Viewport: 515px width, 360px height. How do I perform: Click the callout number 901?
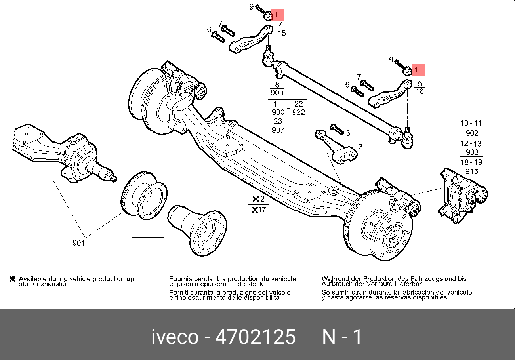tap(78, 243)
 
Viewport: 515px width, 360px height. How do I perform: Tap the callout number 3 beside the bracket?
tap(360, 147)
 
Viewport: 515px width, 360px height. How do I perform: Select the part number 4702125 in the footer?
tap(255, 337)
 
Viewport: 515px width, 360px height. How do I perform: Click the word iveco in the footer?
tap(175, 337)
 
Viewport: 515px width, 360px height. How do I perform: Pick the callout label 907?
tap(278, 130)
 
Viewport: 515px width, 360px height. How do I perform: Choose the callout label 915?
tap(472, 171)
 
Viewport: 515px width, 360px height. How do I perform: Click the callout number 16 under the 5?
tap(420, 91)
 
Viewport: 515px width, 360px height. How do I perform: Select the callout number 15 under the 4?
tap(281, 33)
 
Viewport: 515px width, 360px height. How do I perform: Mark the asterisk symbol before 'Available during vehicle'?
tap(13, 279)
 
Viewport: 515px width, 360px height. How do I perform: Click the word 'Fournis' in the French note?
tap(181, 279)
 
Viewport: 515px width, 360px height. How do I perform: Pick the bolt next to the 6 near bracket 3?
tap(337, 129)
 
